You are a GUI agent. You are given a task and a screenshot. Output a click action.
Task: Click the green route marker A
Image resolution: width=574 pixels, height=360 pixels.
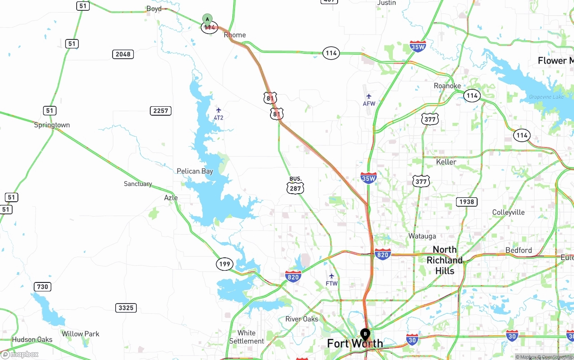(207, 19)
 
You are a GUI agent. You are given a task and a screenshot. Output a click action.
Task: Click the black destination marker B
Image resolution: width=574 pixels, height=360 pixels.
(365, 334)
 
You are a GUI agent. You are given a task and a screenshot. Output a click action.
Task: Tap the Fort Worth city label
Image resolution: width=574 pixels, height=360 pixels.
(355, 344)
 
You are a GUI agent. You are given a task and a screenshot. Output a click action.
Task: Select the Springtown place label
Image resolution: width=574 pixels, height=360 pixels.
(52, 125)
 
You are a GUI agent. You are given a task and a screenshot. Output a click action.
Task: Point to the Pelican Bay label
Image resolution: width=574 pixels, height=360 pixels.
(195, 171)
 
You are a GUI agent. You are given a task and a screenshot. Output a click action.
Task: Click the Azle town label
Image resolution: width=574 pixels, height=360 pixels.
(171, 198)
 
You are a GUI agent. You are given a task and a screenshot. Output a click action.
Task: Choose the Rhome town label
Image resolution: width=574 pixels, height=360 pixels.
(235, 35)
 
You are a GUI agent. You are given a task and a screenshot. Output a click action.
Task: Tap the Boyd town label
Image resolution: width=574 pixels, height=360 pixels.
(154, 9)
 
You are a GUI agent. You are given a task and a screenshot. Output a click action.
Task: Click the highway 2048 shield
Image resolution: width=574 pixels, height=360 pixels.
(123, 54)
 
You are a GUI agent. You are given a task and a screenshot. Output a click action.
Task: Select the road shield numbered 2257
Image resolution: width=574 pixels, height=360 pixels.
(161, 111)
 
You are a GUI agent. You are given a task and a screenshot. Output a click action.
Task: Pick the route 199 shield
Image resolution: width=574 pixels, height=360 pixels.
(225, 264)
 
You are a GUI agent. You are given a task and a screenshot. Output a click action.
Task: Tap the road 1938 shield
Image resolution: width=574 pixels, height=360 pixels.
(466, 202)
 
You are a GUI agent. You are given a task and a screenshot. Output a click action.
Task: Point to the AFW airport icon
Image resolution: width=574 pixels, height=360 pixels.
(369, 96)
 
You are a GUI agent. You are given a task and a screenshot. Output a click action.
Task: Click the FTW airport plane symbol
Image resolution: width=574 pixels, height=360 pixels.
(331, 276)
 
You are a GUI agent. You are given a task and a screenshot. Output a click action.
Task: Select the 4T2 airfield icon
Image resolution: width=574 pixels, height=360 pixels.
(218, 110)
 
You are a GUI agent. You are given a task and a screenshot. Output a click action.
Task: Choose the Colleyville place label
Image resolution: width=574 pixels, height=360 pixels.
(508, 213)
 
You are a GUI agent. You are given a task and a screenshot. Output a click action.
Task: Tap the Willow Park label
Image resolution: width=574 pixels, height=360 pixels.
(81, 334)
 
